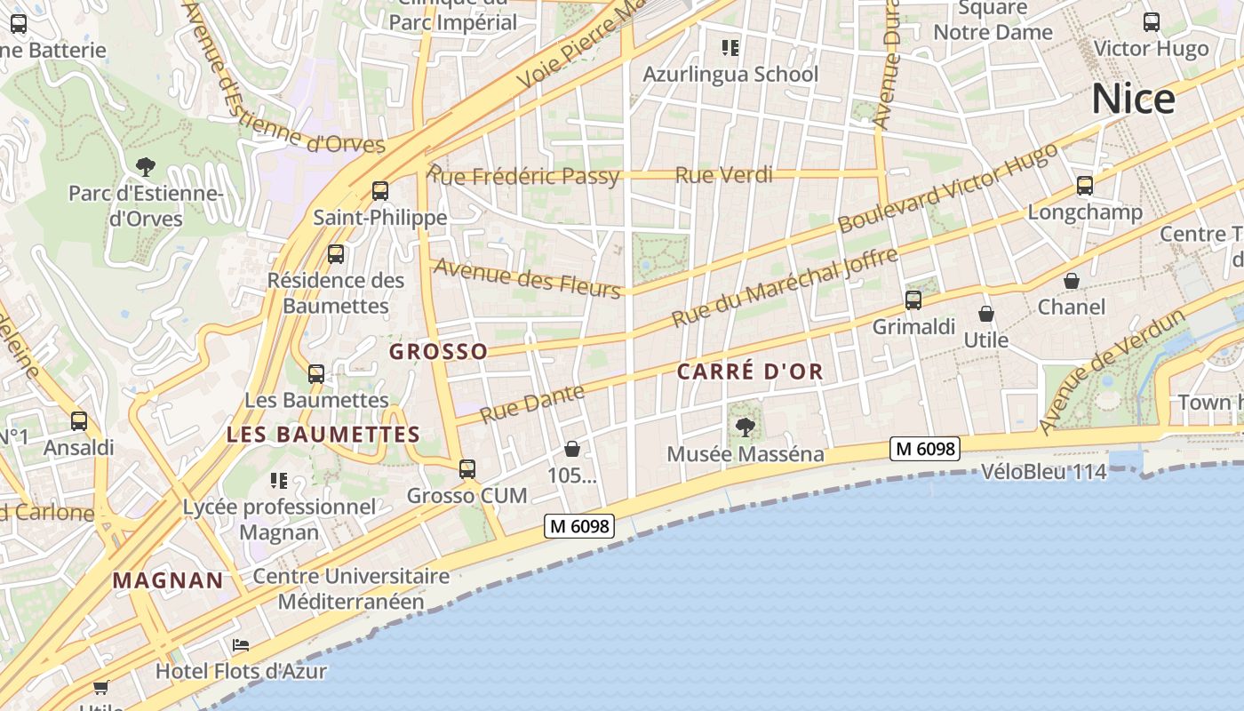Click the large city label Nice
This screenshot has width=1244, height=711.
coord(1133,99)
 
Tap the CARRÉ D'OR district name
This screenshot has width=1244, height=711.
coord(750,371)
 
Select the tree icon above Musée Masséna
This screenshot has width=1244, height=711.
coord(746,427)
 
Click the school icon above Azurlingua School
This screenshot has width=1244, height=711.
coord(730,47)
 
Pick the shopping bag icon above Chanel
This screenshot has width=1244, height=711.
coord(1072,281)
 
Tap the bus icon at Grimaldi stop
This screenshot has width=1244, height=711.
coord(913,300)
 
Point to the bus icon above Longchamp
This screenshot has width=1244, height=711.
coord(1084,186)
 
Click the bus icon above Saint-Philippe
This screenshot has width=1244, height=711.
coord(380,190)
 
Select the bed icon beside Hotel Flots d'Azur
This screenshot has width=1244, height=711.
coord(241,644)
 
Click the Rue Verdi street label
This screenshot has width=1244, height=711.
coord(723,175)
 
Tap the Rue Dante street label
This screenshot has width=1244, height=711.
coord(532,403)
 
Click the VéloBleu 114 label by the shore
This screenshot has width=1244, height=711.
coord(1044,472)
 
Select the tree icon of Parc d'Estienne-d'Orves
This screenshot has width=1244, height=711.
coord(145,166)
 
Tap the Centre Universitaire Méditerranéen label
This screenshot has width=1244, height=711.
coord(351,588)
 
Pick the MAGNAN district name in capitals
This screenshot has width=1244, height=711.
coord(168,581)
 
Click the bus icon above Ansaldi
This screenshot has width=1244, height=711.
coord(79,421)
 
